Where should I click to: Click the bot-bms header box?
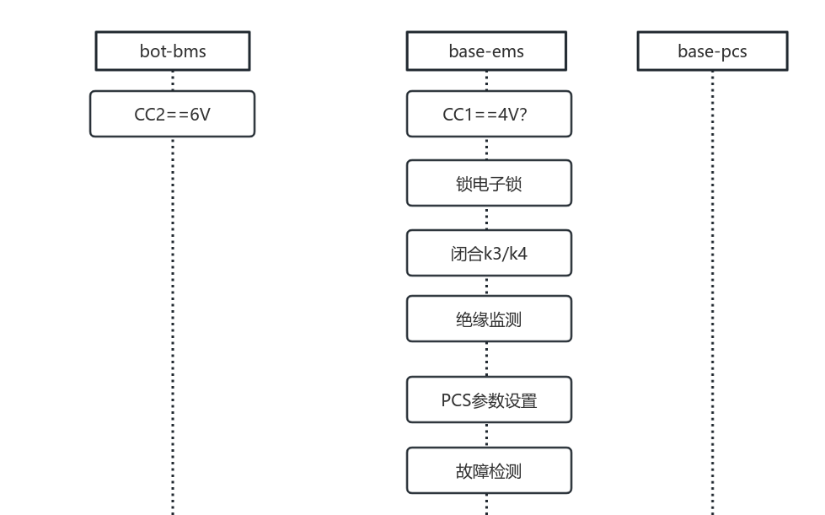pos(172,51)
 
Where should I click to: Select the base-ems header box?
pos(486,51)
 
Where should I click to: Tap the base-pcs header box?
pos(712,51)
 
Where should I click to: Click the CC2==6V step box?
pos(172,114)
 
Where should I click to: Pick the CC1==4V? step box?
pos(489,114)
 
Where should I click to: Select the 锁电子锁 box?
pos(489,183)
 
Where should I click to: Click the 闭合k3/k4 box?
pos(489,253)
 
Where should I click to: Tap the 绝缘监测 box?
pos(489,319)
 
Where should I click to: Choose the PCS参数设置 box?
pos(489,400)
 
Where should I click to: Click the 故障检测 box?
pos(489,470)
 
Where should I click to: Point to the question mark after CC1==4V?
pos(523,114)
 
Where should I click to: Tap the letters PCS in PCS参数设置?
pos(456,400)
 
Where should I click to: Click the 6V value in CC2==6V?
pos(200,114)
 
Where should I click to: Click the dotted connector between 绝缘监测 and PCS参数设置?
pos(486,359)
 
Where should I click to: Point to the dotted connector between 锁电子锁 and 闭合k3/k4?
pos(486,217)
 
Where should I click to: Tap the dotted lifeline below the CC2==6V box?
pos(173,320)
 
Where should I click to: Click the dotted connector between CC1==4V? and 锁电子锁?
pos(486,148)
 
